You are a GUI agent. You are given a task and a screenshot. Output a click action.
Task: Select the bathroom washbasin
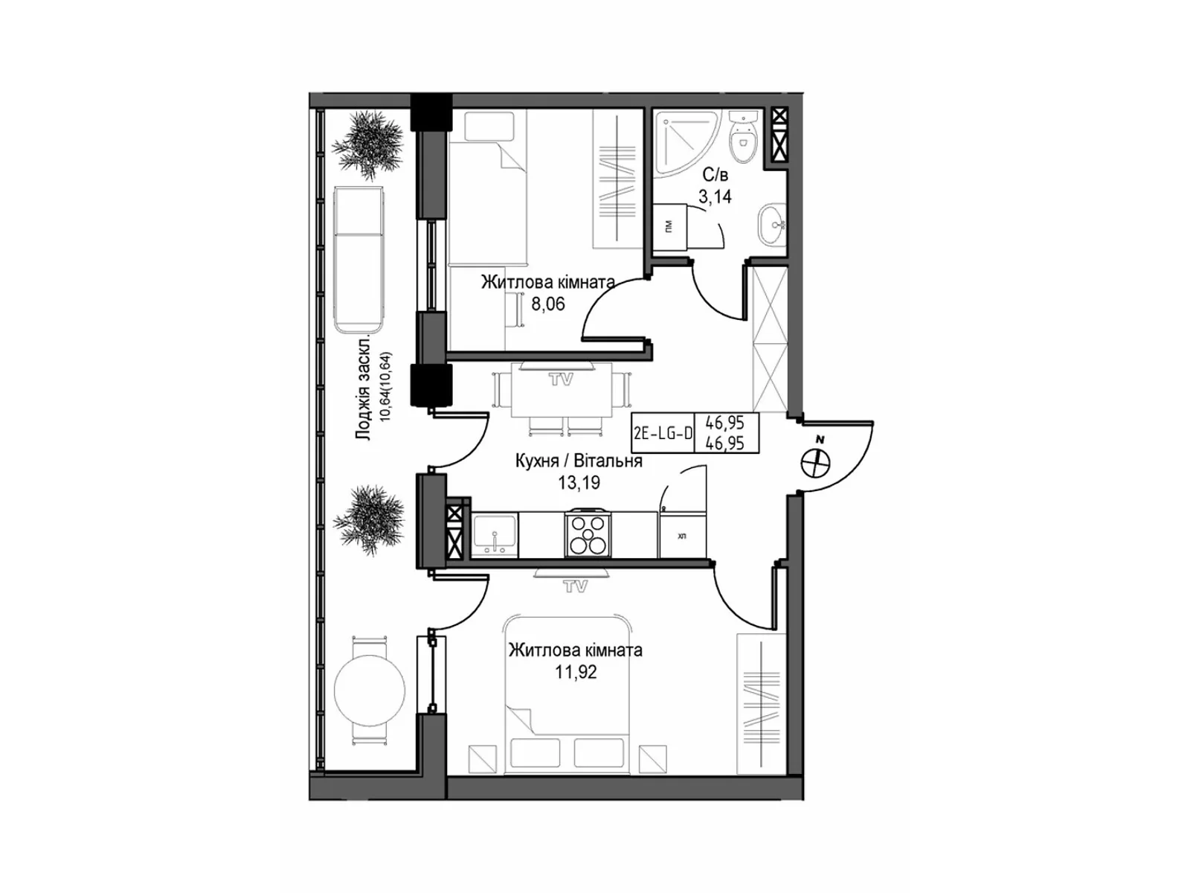pos(773,223)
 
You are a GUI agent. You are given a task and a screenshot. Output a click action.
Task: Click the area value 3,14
pos(714,197)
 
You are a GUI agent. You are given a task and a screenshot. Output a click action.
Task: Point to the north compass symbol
pos(815,463)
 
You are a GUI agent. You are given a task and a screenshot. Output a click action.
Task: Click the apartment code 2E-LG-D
pos(663,433)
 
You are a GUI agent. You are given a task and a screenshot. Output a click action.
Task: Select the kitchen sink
pos(495,534)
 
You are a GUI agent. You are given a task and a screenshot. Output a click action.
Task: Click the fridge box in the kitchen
pos(682,535)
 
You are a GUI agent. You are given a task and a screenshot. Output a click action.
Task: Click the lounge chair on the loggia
pos(359,258)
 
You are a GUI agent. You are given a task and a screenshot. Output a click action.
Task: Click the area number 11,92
pos(575,673)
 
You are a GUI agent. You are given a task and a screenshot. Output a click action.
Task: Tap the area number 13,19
pos(579,482)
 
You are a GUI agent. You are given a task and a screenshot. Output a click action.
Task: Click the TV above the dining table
pos(561,379)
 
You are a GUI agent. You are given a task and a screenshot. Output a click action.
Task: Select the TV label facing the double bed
pos(573,586)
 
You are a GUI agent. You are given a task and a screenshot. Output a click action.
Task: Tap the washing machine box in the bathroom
pos(669,226)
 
